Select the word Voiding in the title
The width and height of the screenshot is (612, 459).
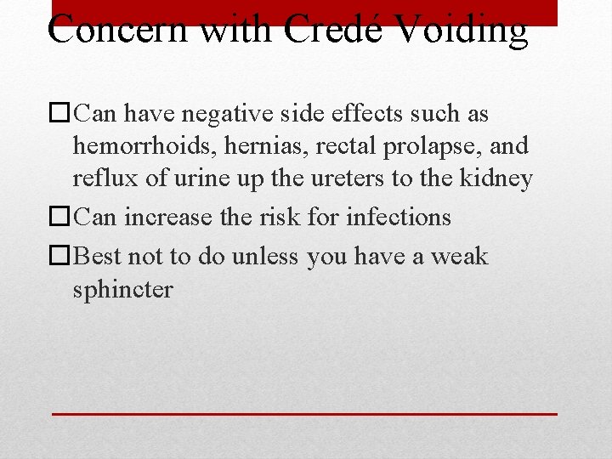point(462,30)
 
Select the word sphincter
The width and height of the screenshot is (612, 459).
point(122,290)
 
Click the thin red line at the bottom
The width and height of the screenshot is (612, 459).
point(305,414)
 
